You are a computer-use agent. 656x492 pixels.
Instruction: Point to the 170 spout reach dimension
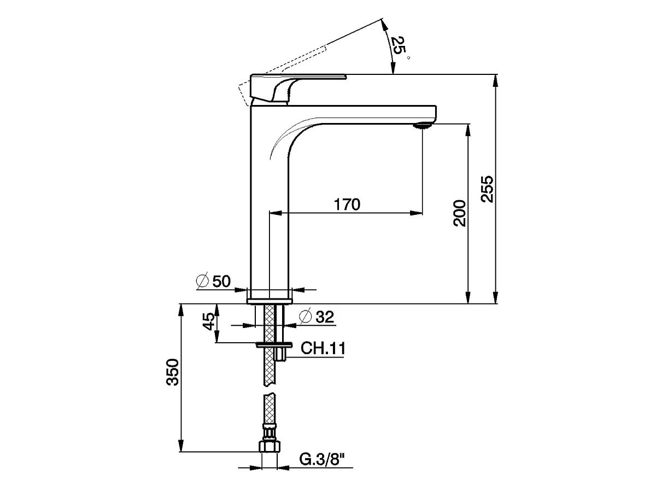(x=347, y=204)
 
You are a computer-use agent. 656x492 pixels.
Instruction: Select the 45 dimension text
(x=208, y=322)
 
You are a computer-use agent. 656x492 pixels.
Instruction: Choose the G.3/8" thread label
(x=324, y=460)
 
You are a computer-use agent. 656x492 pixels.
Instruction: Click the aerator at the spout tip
(x=423, y=125)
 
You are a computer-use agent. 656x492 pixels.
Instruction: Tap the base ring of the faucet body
(x=270, y=300)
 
